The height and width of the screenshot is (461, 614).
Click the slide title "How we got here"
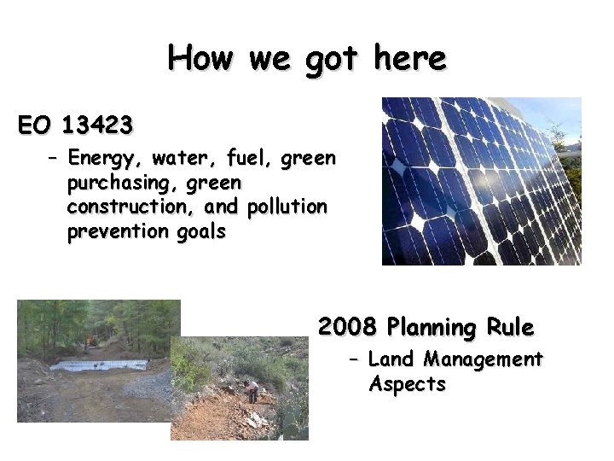coord(307,58)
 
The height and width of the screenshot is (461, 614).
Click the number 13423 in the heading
coord(97,126)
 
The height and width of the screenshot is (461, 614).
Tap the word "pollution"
coord(287,207)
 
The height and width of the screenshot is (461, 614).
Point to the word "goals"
coord(201,232)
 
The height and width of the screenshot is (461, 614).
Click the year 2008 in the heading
coord(346,327)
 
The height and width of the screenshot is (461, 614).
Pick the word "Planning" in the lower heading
coord(431,328)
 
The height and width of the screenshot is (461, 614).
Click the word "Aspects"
coord(407,384)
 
